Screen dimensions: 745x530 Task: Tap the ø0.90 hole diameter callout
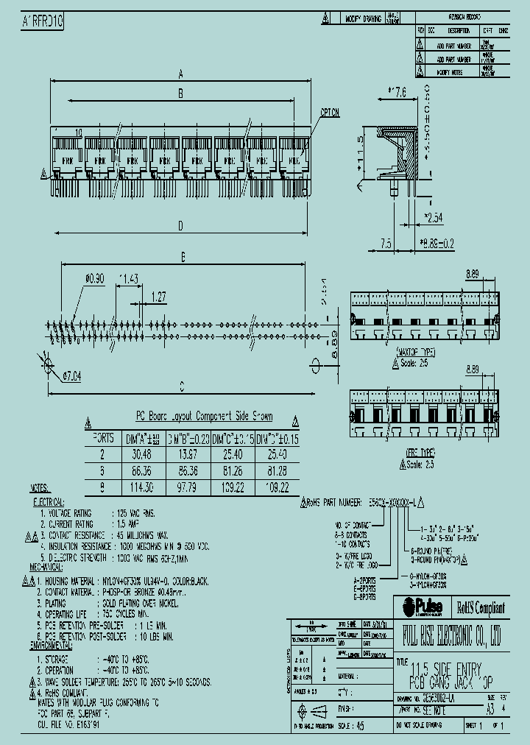click(x=96, y=278)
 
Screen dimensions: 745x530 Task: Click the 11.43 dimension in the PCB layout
click(x=129, y=278)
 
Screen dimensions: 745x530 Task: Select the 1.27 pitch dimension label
click(x=158, y=296)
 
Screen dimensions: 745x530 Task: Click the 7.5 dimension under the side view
click(x=385, y=243)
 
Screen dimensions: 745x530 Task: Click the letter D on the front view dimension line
click(x=179, y=225)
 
